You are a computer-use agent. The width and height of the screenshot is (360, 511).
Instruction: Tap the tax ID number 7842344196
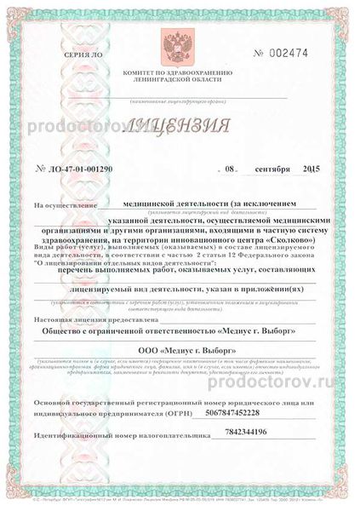pos(269,433)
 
